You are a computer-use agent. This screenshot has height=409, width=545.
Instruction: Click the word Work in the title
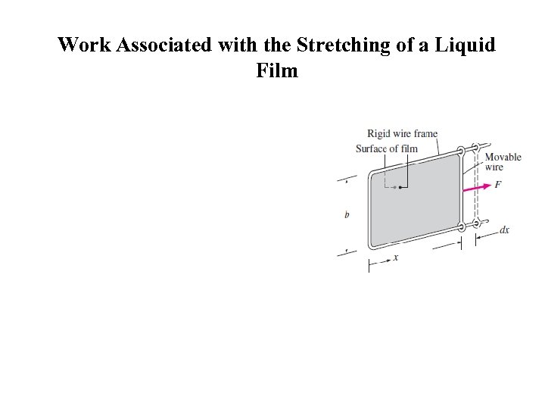[x=85, y=45]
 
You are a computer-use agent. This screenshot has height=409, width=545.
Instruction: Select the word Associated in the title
[x=164, y=45]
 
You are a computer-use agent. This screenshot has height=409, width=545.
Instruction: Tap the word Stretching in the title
[x=343, y=45]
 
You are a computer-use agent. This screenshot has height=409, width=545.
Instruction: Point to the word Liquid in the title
[x=465, y=45]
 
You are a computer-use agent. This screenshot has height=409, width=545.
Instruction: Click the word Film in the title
[x=277, y=70]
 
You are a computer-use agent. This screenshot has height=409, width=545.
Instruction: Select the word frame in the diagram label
[x=425, y=133]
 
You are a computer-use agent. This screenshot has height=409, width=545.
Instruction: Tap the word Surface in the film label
[x=371, y=149]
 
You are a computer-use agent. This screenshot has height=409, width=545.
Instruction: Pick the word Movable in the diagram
[x=503, y=158]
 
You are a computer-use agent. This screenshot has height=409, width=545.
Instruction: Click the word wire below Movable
[x=494, y=167]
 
